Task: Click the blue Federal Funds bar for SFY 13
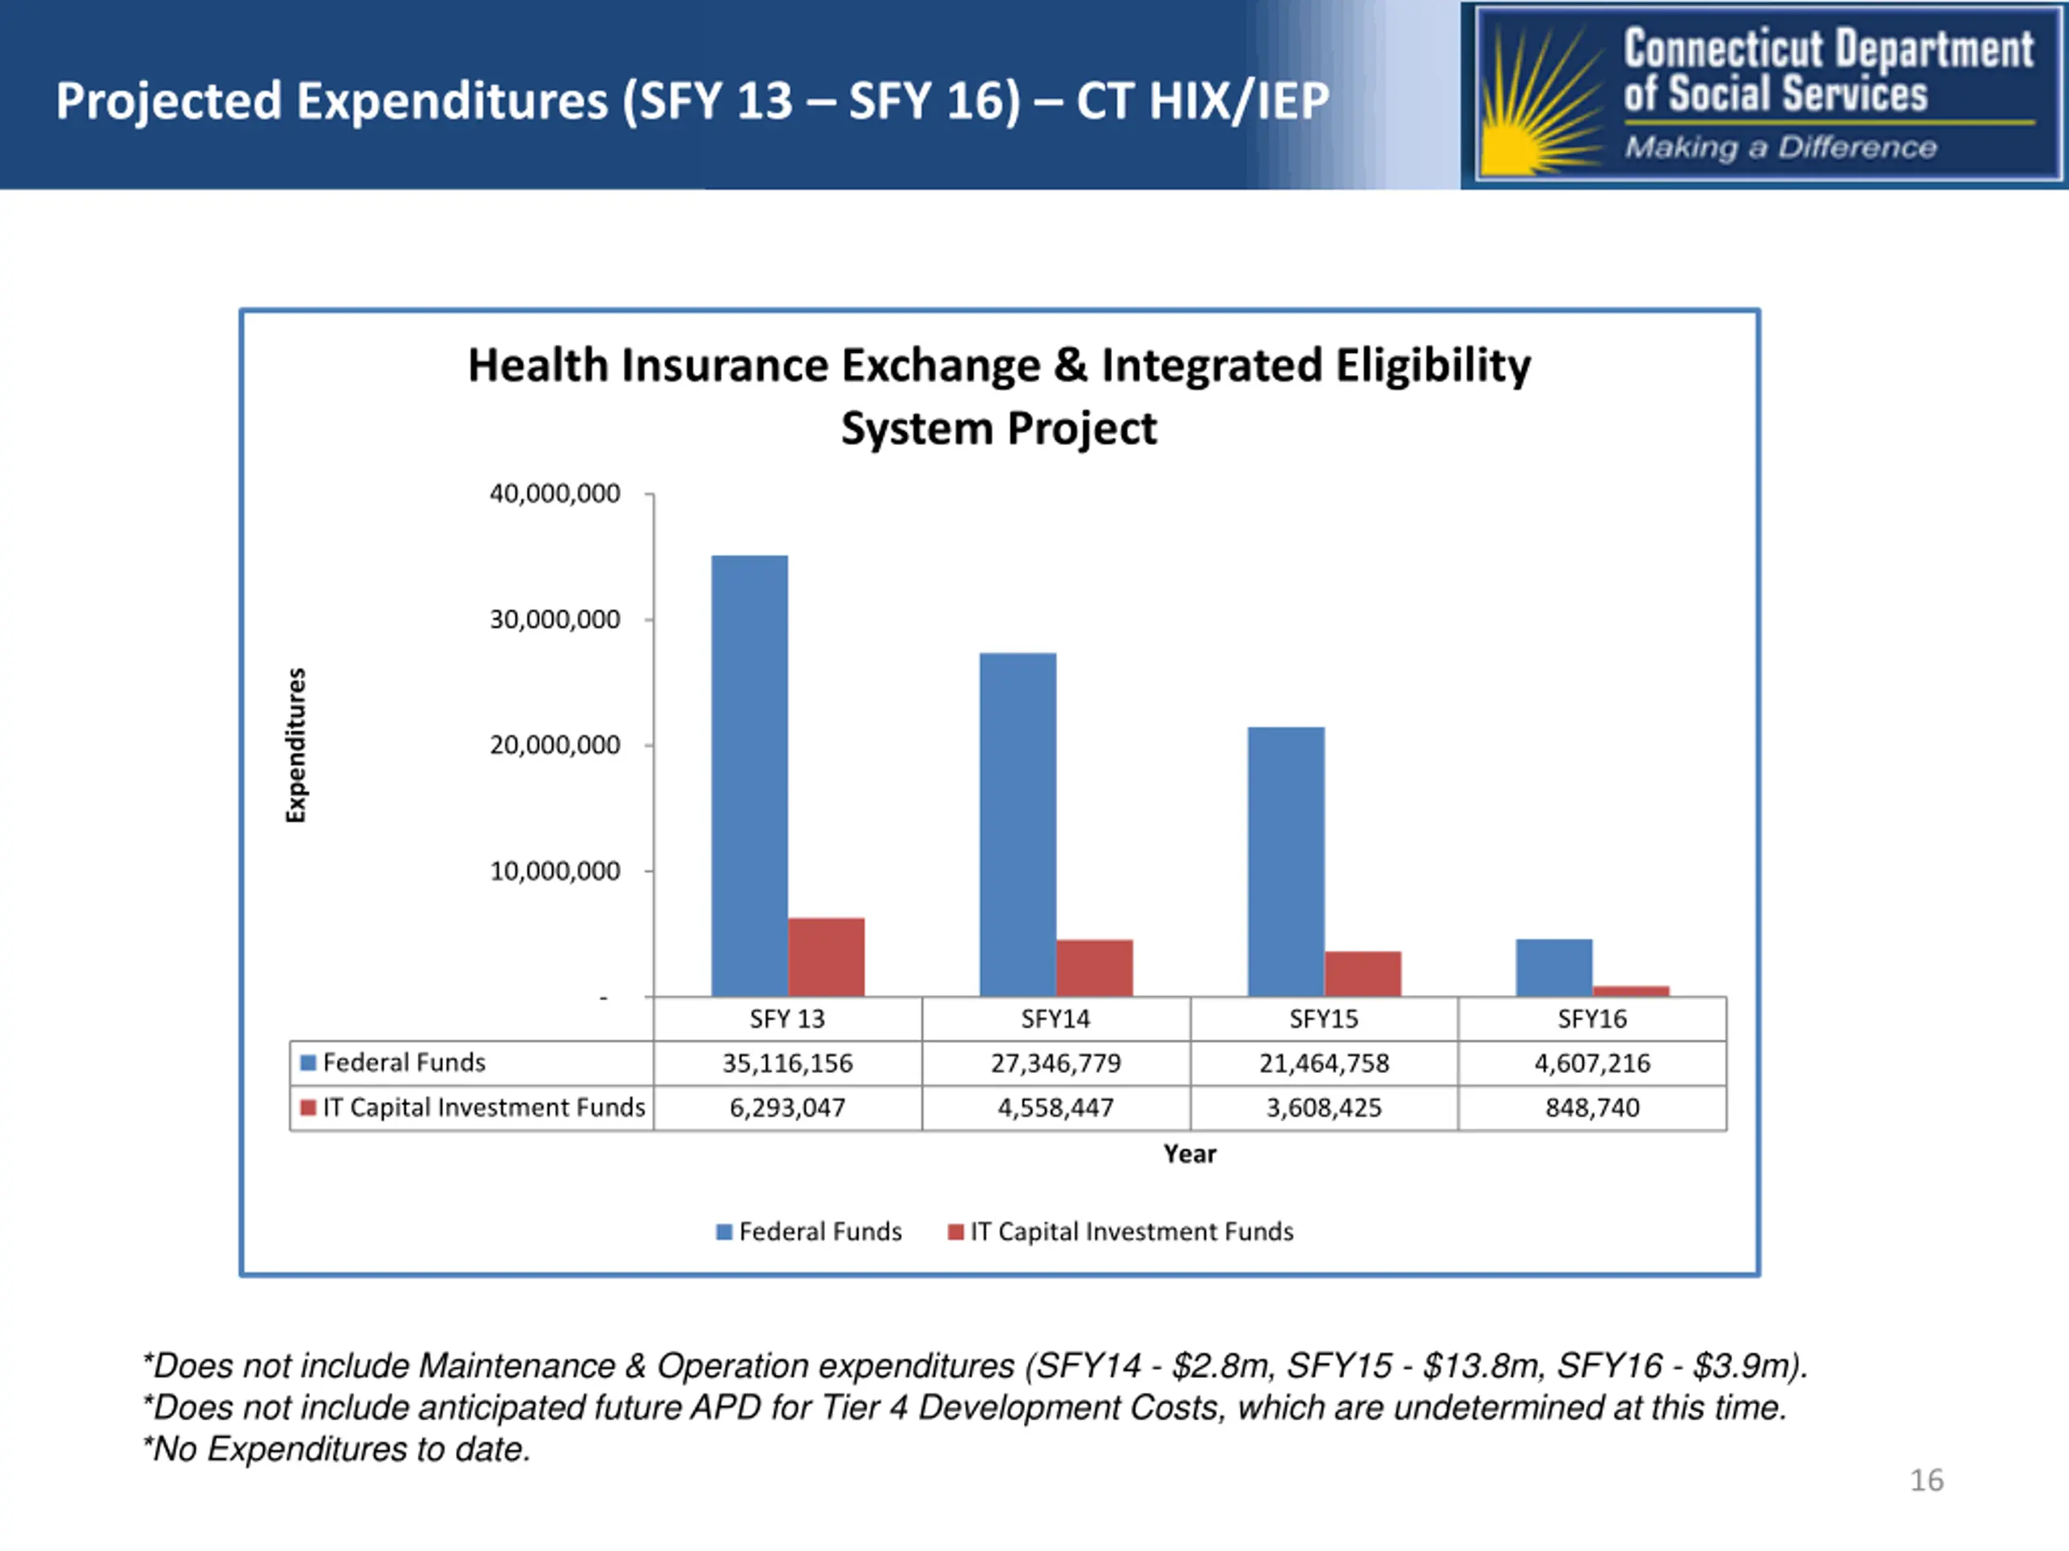coord(749,776)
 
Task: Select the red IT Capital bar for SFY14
coord(1094,968)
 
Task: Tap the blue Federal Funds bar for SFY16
coord(1553,968)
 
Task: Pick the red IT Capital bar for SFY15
coord(1363,974)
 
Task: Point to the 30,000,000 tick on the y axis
coord(649,619)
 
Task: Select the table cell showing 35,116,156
coord(787,1063)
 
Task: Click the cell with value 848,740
coord(1592,1108)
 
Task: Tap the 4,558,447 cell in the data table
coord(1056,1108)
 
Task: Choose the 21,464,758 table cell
coord(1325,1063)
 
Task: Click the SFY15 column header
coord(1325,1019)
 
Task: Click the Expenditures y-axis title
coord(296,745)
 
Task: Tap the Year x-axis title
coord(1190,1154)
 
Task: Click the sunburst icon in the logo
coord(1541,99)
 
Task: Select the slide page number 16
coord(1926,1480)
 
